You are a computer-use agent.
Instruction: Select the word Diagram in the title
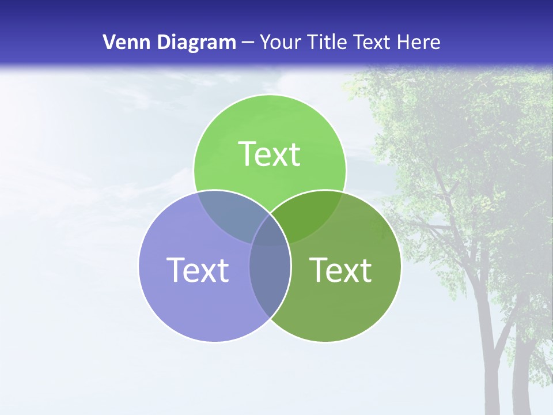tap(196, 42)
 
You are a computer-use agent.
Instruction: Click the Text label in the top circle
tap(270, 154)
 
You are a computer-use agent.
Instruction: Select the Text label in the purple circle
tap(198, 270)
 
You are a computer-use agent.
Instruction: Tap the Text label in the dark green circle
tap(340, 270)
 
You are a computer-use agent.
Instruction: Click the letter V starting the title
tap(108, 42)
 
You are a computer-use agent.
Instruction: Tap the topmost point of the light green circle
tap(270, 95)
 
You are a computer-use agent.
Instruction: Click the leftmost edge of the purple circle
tap(139, 266)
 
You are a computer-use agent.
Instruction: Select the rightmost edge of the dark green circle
tap(401, 266)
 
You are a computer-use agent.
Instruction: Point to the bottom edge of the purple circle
tap(215, 342)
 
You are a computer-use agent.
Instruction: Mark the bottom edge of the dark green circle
tap(325, 342)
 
